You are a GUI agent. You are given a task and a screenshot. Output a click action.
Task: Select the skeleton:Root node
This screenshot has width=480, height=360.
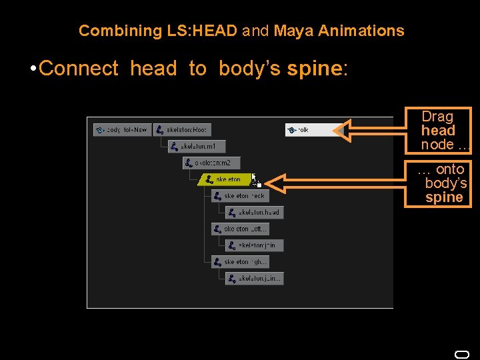pyautogui.click(x=181, y=130)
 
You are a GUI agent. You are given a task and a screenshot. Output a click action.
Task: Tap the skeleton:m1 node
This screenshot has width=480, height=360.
pyautogui.click(x=197, y=146)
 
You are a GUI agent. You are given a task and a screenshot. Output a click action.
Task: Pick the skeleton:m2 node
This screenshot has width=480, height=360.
pyautogui.click(x=211, y=163)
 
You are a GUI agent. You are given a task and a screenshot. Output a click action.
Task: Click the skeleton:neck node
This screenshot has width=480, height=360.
pyautogui.click(x=240, y=196)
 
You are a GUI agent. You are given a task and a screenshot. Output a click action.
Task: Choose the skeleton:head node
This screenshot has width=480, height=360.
pyautogui.click(x=254, y=212)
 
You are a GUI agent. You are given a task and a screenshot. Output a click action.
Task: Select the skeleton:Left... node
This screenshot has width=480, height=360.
pyautogui.click(x=240, y=229)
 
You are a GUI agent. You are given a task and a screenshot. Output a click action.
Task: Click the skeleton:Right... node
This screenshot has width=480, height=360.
pyautogui.click(x=240, y=262)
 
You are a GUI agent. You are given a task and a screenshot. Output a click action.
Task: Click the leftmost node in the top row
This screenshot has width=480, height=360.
pyautogui.click(x=123, y=130)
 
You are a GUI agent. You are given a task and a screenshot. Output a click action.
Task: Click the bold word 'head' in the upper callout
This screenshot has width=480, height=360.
pyautogui.click(x=438, y=131)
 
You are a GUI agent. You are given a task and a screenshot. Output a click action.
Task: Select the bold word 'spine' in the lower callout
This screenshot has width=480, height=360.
pyautogui.click(x=444, y=197)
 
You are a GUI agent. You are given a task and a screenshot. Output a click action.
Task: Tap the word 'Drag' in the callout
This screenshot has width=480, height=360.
pyautogui.click(x=437, y=117)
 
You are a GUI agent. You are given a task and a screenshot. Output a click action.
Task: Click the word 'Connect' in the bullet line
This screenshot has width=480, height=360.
pyautogui.click(x=79, y=69)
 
